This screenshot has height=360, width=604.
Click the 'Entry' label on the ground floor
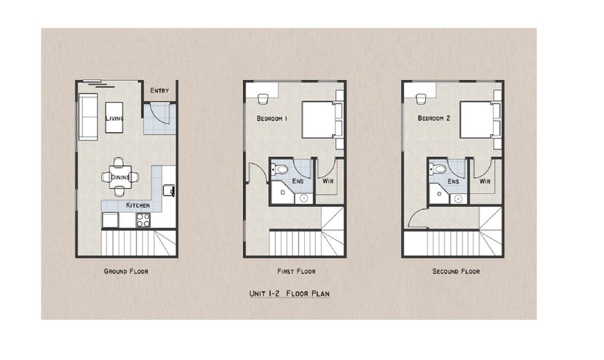(x=159, y=91)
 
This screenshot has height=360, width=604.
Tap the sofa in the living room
(x=87, y=118)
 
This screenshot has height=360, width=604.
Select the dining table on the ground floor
(x=120, y=177)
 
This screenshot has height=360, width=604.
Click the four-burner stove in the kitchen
(x=142, y=220)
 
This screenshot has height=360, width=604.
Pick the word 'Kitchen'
(x=137, y=205)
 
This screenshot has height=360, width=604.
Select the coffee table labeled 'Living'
(x=114, y=118)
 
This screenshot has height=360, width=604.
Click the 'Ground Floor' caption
(x=127, y=271)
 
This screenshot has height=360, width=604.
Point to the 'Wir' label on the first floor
(x=328, y=182)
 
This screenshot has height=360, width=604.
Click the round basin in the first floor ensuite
(x=304, y=198)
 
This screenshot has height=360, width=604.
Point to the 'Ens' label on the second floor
(x=453, y=182)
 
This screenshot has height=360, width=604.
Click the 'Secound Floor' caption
(x=455, y=271)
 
